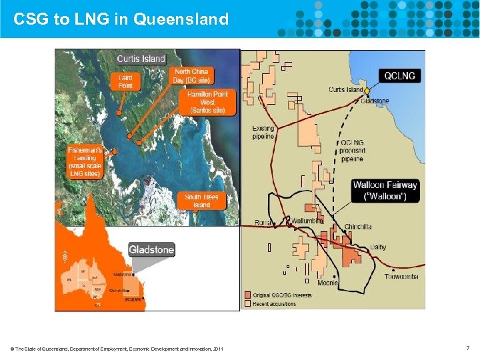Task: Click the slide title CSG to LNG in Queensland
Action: [x=121, y=19]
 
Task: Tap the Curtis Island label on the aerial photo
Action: [x=141, y=59]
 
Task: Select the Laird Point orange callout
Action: [x=125, y=81]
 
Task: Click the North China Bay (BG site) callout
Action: [x=193, y=75]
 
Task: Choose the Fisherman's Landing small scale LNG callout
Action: [x=85, y=162]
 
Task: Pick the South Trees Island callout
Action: [x=201, y=201]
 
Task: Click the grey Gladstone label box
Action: [x=151, y=249]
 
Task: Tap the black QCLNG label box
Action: [x=399, y=76]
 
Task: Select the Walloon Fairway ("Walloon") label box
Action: [x=385, y=191]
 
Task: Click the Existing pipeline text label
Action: [x=263, y=132]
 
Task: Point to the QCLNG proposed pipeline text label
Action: [x=352, y=151]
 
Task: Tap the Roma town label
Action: [x=263, y=222]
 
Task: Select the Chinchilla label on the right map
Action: [x=358, y=227]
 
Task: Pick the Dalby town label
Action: [x=378, y=247]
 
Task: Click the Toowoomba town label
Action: [x=402, y=276]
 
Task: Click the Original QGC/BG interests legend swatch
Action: [x=247, y=295]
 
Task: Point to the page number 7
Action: [x=468, y=348]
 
